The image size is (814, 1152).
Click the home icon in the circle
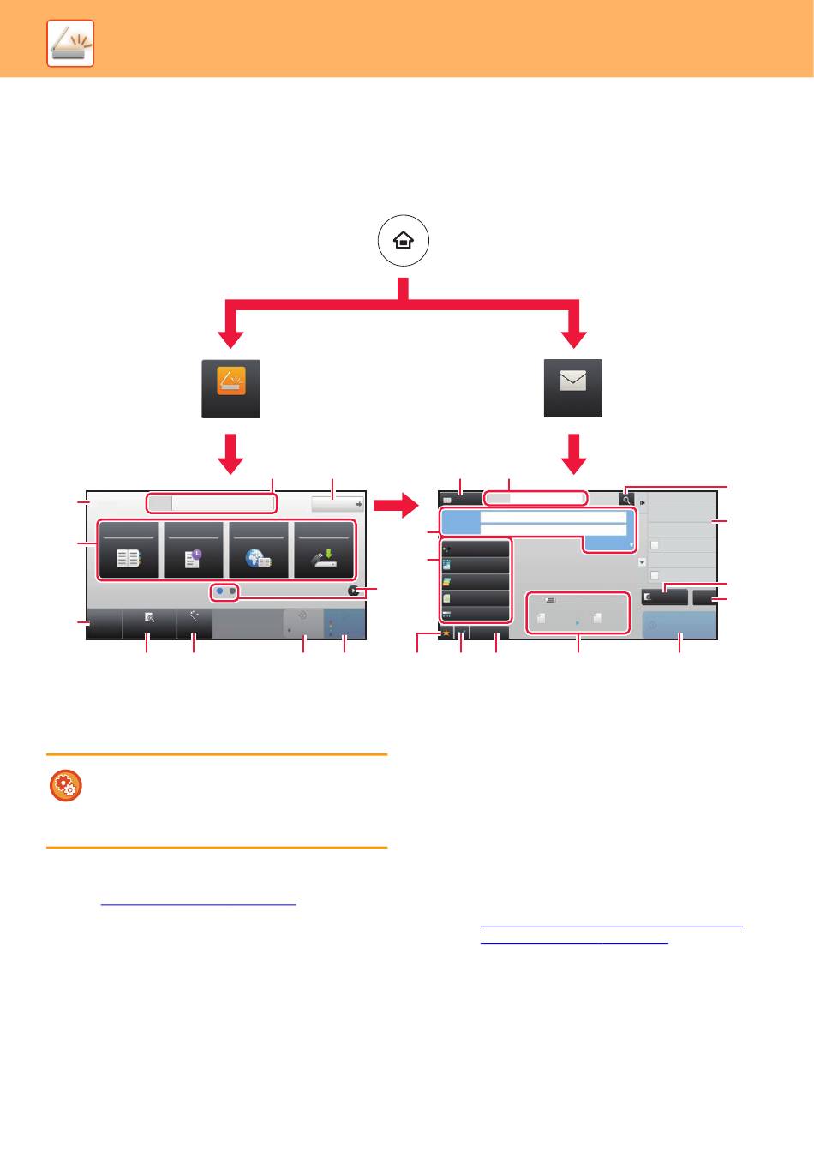404,241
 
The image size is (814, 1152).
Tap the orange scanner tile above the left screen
230,387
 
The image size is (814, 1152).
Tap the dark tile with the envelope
573,387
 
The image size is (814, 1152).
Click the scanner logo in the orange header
70,43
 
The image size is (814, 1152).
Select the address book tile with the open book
129,549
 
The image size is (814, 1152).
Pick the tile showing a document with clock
193,549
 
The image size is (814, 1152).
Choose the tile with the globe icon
257,549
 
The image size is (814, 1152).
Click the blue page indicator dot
219,591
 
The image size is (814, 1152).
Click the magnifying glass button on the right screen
626,499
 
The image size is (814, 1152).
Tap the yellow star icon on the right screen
446,633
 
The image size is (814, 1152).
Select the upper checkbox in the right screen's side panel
655,545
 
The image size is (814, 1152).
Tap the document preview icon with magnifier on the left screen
149,616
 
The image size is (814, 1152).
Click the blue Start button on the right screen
679,625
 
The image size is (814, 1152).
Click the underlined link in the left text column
198,903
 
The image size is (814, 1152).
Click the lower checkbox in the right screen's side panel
655,575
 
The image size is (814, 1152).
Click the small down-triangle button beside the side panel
643,562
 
